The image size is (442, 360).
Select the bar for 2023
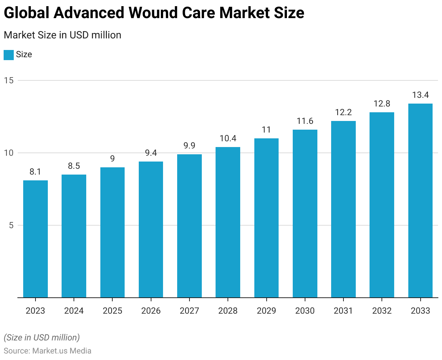pyautogui.click(x=36, y=239)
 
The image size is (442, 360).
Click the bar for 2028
pyautogui.click(x=228, y=222)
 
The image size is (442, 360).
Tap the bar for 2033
pyautogui.click(x=420, y=201)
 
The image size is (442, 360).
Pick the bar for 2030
pyautogui.click(x=305, y=214)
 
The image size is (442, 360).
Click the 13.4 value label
pyautogui.click(x=420, y=95)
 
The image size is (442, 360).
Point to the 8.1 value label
pyautogui.click(x=36, y=172)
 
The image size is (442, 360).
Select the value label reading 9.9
pyautogui.click(x=189, y=146)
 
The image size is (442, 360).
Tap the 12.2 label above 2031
pyautogui.click(x=343, y=112)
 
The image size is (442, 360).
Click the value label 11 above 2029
pyautogui.click(x=266, y=130)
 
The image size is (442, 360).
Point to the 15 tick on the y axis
pyautogui.click(x=9, y=80)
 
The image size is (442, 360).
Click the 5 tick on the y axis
pyautogui.click(x=11, y=225)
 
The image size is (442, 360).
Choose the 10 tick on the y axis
pyautogui.click(x=9, y=153)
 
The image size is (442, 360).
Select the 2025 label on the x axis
pyautogui.click(x=112, y=311)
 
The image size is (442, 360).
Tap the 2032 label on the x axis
pyautogui.click(x=382, y=311)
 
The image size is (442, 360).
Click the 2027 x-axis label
pyautogui.click(x=189, y=311)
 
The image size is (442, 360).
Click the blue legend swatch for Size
pyautogui.click(x=9, y=55)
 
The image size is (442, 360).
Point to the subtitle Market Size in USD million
pyautogui.click(x=62, y=35)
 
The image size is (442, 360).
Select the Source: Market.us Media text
pyautogui.click(x=47, y=351)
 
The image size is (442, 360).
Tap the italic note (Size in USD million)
pyautogui.click(x=42, y=338)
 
